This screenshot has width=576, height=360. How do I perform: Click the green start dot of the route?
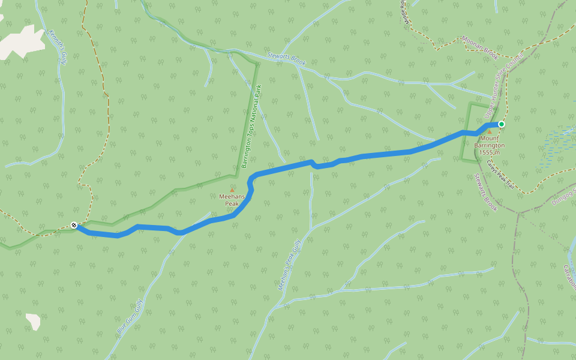[x=501, y=124]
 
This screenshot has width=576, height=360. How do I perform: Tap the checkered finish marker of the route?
[x=74, y=226]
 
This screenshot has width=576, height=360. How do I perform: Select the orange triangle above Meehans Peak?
[x=232, y=190]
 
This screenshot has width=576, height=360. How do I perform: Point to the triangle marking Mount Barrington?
[x=489, y=131]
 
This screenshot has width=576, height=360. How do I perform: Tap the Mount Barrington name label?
[x=489, y=142]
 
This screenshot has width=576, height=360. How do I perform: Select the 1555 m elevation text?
[x=490, y=152]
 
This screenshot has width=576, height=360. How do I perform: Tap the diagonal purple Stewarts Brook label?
[x=485, y=192]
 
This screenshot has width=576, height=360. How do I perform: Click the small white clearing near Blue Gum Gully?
[x=34, y=321]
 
